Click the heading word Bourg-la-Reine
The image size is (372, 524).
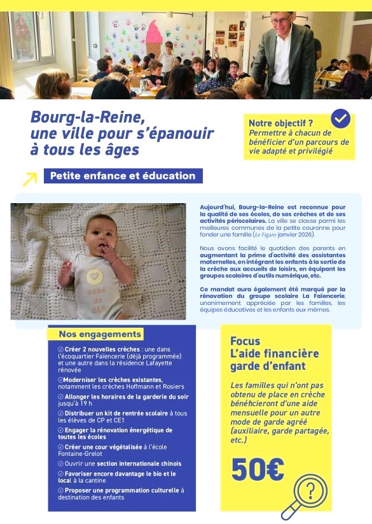pyautogui.click(x=88, y=118)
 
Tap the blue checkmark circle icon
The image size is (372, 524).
pyautogui.click(x=340, y=118)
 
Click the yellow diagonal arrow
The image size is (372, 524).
pyautogui.click(x=29, y=179)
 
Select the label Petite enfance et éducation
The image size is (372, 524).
pyautogui.click(x=123, y=176)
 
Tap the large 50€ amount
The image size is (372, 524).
pyautogui.click(x=258, y=469)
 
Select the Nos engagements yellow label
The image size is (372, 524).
pyautogui.click(x=100, y=334)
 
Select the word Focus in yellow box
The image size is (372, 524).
pyautogui.click(x=245, y=341)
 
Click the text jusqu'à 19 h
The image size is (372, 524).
pyautogui.click(x=75, y=403)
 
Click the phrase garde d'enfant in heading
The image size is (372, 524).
pyautogui.click(x=268, y=366)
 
